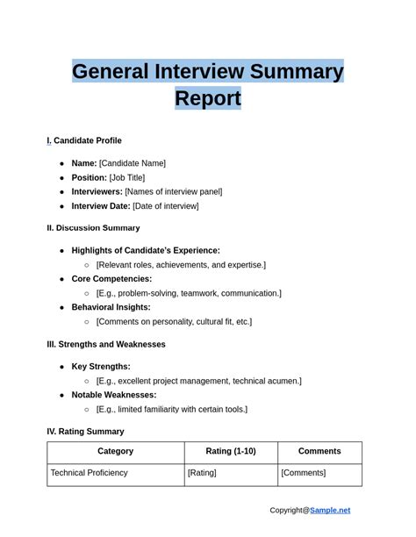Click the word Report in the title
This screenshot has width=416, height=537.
click(208, 98)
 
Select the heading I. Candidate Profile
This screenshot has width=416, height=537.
click(84, 141)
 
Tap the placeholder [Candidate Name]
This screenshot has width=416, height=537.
click(132, 163)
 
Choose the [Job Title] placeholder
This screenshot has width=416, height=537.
click(127, 177)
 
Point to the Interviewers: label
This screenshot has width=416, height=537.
click(97, 191)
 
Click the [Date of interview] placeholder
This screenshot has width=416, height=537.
click(165, 206)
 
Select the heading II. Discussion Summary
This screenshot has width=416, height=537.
click(93, 228)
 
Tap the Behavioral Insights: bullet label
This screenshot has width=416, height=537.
click(111, 307)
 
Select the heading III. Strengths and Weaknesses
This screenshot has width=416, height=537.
click(105, 345)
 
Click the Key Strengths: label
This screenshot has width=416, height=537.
click(101, 367)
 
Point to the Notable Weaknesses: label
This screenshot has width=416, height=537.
click(114, 395)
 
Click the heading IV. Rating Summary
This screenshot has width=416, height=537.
click(85, 432)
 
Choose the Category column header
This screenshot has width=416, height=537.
click(116, 452)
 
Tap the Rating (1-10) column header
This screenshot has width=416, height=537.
click(231, 452)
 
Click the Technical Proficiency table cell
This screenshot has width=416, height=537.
click(89, 473)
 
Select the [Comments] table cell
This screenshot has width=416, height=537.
click(303, 473)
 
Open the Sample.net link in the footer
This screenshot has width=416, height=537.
click(329, 511)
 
